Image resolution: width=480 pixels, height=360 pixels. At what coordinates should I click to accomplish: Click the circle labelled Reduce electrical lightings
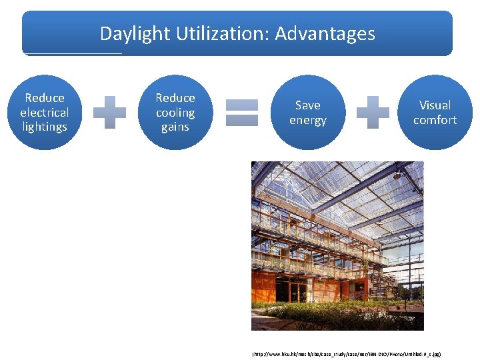[45, 112]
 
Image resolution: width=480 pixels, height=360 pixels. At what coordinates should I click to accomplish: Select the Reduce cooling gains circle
[175, 112]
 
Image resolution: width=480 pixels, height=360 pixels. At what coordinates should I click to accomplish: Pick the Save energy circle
[307, 112]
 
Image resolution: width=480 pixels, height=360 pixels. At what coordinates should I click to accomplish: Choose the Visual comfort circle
[435, 112]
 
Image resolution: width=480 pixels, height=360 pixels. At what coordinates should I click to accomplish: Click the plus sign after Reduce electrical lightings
[109, 112]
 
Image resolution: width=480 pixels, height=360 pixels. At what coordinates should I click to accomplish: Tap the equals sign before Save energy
[241, 112]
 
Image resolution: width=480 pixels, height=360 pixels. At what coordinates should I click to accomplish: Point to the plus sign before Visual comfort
[373, 112]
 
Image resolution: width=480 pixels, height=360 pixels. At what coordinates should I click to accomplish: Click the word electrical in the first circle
[45, 113]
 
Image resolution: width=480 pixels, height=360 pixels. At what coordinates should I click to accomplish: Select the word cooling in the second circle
[175, 113]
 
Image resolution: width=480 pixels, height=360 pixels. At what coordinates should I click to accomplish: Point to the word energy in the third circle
[307, 121]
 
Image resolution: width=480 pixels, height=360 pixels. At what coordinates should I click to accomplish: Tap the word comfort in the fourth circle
[435, 121]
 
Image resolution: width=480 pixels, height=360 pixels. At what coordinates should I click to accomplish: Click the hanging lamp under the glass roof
[397, 175]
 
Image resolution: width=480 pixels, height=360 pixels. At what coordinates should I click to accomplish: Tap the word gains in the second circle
[175, 127]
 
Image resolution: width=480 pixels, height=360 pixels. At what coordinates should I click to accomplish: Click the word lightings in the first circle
[45, 127]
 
